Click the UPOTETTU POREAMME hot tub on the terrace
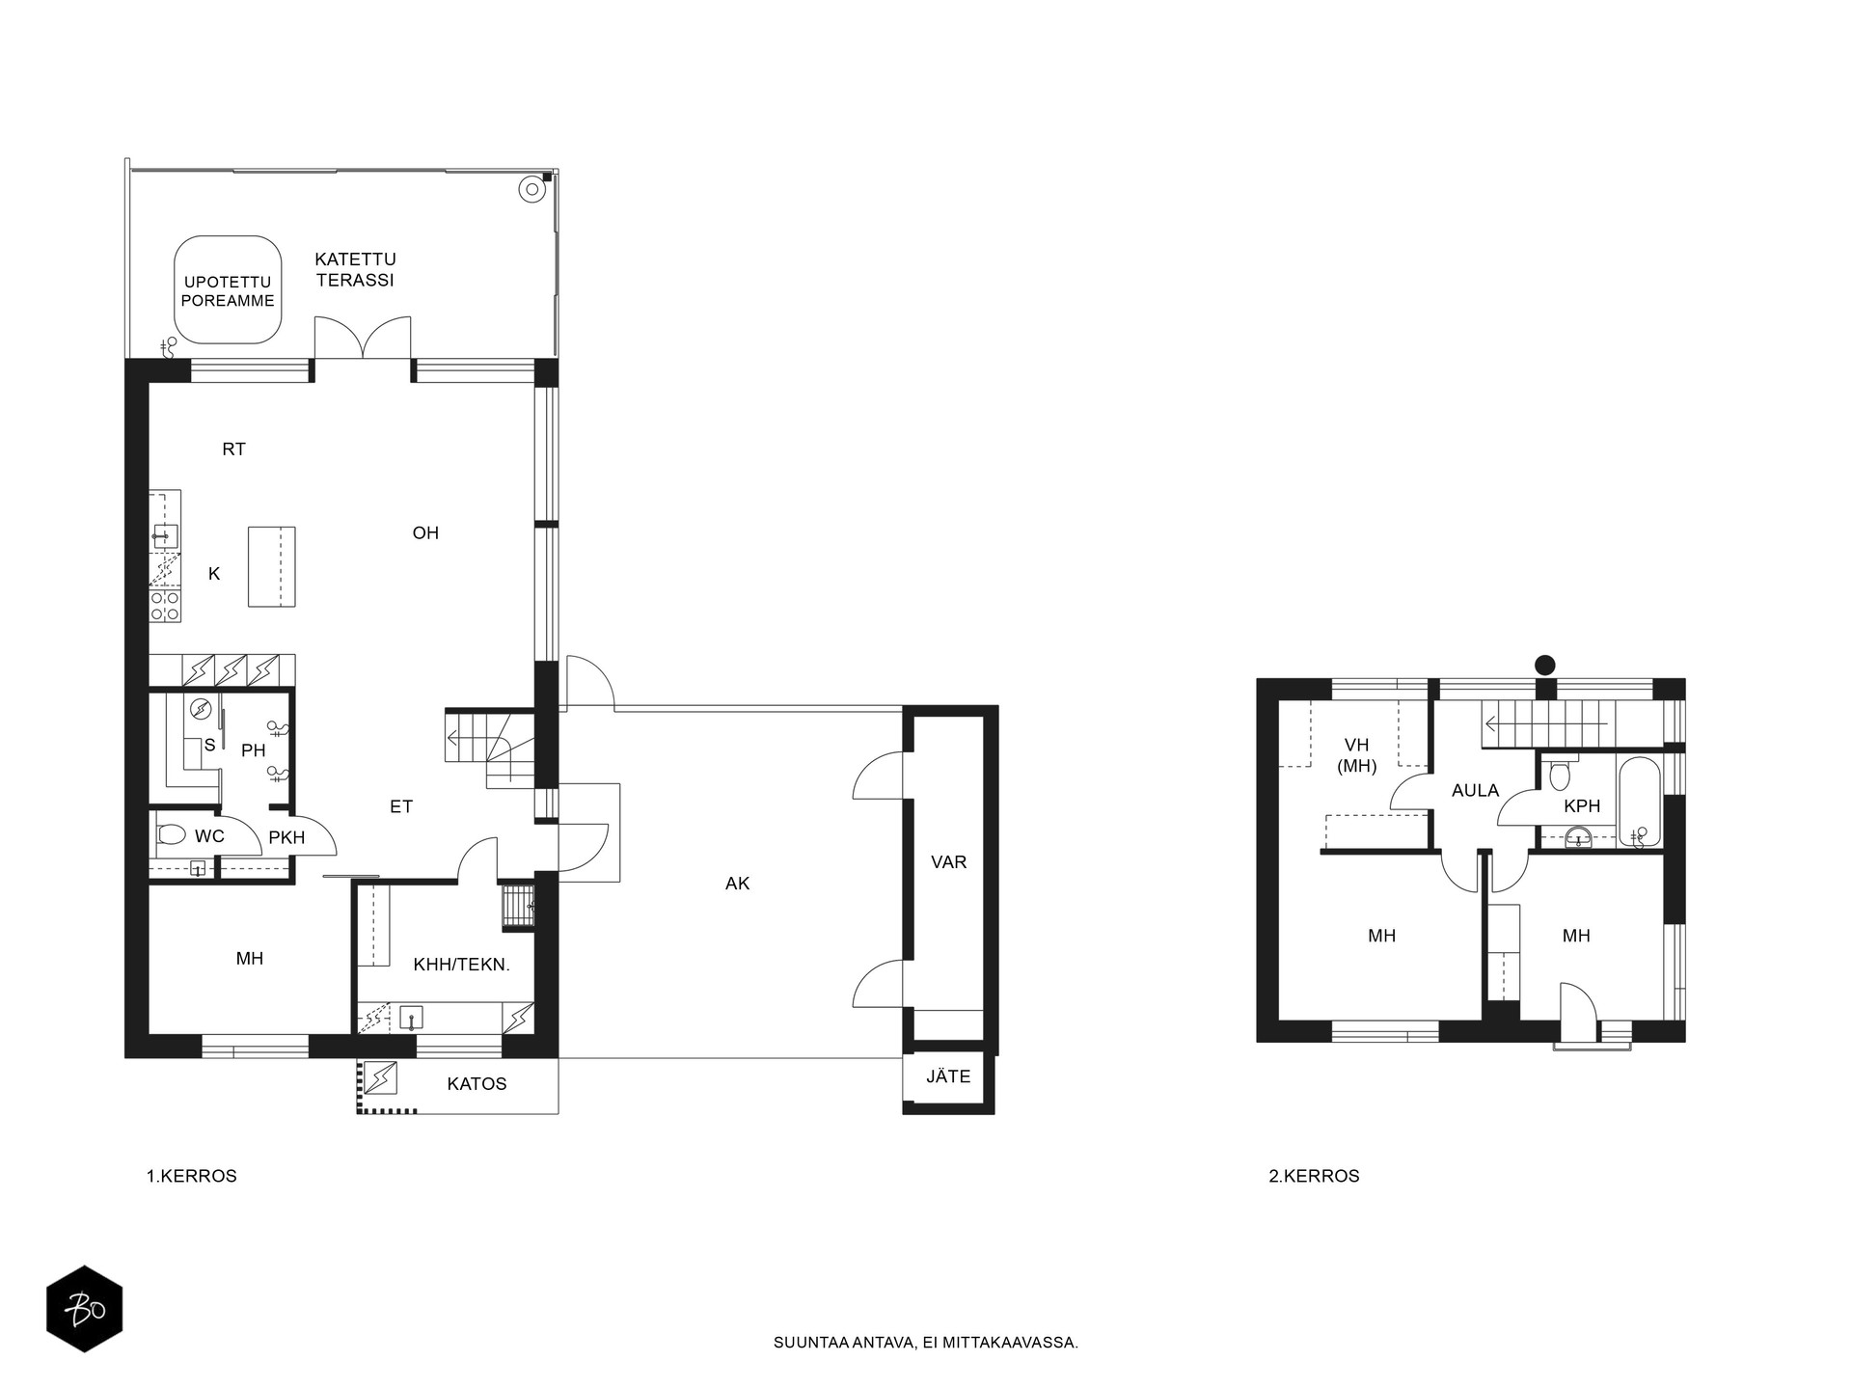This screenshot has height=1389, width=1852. coord(228,289)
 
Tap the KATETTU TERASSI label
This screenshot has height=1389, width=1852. coord(355,269)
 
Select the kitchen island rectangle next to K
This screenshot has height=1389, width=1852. coord(271,566)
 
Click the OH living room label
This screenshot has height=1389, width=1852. coord(425,532)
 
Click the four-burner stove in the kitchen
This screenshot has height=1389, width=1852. coord(165,605)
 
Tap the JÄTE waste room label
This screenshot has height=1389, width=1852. coord(948,1076)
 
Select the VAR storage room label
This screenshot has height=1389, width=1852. coord(949,862)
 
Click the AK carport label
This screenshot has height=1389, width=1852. coord(738,884)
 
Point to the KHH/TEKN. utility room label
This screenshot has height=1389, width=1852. coord(461,965)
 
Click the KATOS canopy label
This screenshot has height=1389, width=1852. coord(477,1084)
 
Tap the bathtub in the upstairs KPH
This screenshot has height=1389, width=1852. coord(1639,803)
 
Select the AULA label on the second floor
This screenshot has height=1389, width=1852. coord(1476,791)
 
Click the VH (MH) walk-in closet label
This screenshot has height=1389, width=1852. coord(1356,755)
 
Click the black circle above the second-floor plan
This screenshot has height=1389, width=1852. coord(1545,665)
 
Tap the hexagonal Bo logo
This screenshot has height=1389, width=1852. coord(85,1309)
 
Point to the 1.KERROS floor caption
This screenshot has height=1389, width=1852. coord(191,1177)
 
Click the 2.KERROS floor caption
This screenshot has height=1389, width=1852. coord(1314,1177)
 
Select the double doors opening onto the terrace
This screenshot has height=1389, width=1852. coord(363,338)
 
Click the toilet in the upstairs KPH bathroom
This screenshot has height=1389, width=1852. coord(1560,775)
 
